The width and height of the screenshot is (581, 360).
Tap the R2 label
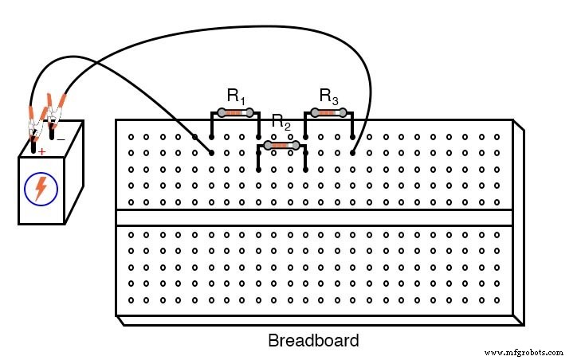coord(281,122)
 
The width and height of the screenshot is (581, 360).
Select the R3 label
coord(328,96)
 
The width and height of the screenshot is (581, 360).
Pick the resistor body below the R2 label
coord(281,145)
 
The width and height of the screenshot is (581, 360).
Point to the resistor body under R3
coord(328,112)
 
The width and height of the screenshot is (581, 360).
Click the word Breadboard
coord(313,341)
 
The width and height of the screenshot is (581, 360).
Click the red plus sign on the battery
coord(41,151)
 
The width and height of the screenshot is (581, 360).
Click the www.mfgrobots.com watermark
coord(523,352)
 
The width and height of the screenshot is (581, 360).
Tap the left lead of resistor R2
coord(258,156)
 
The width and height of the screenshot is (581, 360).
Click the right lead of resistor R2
coord(305,156)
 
